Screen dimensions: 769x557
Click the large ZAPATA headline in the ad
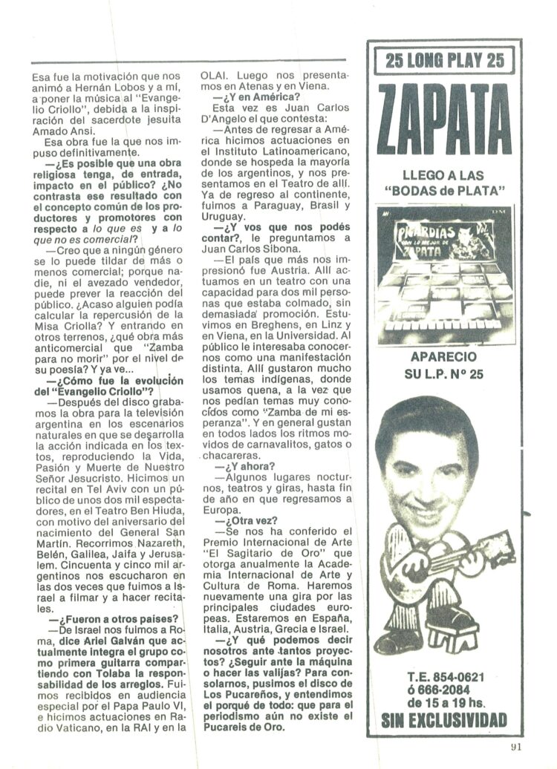[x=445, y=120]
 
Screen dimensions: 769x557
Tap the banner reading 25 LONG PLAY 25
[x=445, y=60]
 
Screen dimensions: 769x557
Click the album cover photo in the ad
[x=444, y=265]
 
